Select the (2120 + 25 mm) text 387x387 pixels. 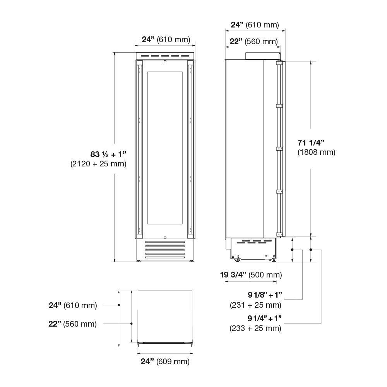coord(98,164)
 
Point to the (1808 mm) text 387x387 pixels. coord(316,152)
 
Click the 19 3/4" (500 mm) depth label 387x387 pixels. coord(251,275)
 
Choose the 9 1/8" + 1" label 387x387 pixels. coord(265,295)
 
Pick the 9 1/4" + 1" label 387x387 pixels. coord(264,319)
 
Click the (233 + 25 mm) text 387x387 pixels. coord(255,328)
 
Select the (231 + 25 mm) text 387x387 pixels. coord(255,305)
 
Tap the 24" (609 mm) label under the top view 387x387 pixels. coord(165,362)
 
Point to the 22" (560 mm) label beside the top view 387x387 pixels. coord(72,324)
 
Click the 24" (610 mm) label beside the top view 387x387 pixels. coord(73,305)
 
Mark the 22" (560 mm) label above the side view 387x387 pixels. coord(253,41)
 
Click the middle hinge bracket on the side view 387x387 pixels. coord(279,148)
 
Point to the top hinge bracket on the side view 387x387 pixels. coord(279,63)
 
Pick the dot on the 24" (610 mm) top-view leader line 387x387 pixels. coord(119,305)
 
